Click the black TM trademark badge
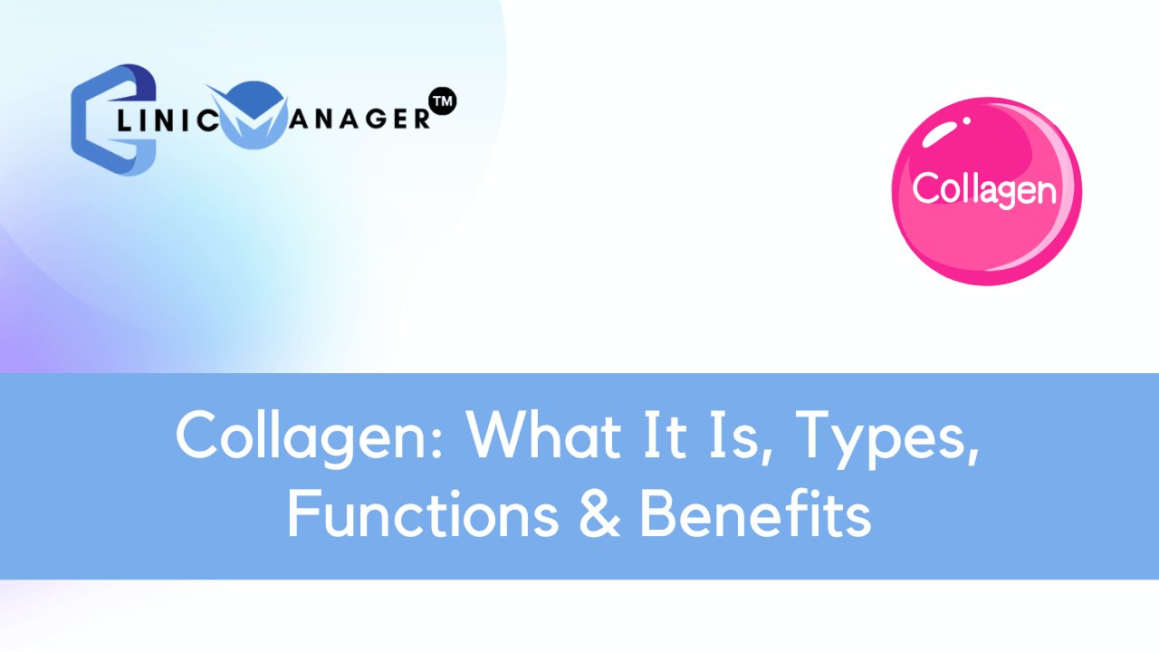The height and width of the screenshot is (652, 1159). coord(443,101)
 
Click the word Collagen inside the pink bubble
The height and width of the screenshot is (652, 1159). coord(984,189)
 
